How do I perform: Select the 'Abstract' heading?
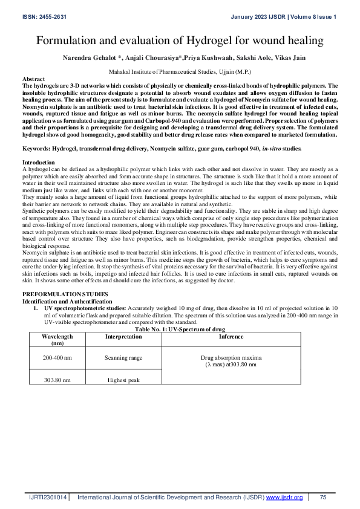(33, 79)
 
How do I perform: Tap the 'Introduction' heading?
(38, 162)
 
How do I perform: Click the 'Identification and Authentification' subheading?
(64, 300)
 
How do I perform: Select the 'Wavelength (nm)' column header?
(58, 339)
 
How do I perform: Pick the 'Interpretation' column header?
(123, 336)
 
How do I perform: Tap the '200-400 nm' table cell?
(58, 358)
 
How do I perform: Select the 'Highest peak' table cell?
(123, 380)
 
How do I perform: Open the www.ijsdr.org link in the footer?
(284, 497)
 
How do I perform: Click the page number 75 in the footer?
(323, 497)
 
